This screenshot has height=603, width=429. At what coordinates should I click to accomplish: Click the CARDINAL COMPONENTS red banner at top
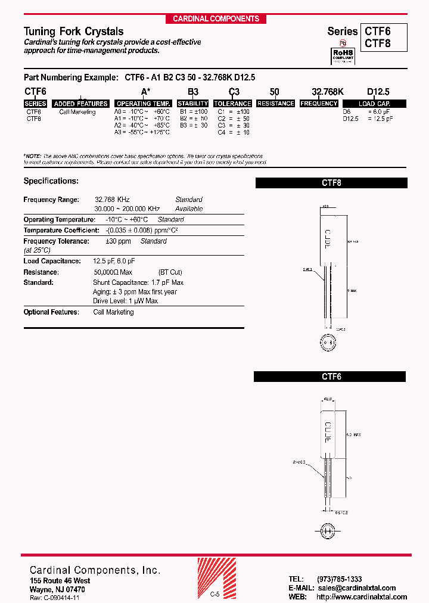click(216, 19)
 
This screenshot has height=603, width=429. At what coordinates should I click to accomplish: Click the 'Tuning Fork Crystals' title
click(73, 32)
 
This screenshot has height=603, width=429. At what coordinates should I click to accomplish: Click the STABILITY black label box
click(192, 104)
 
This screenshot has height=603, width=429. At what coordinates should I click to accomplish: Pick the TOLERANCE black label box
click(232, 104)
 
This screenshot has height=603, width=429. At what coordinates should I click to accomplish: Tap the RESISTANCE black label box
click(276, 104)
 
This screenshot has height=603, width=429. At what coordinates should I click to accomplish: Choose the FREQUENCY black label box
click(319, 104)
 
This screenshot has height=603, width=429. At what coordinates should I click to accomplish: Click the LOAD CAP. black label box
click(374, 104)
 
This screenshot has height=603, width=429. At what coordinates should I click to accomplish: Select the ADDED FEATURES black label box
click(80, 104)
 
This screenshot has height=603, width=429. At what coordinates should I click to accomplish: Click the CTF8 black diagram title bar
click(331, 184)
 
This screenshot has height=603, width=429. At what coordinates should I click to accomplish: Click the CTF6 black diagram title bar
click(329, 377)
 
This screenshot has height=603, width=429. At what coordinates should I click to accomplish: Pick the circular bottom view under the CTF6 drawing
click(327, 530)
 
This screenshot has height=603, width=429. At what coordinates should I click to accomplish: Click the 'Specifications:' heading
click(51, 181)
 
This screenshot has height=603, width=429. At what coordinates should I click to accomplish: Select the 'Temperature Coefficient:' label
click(61, 230)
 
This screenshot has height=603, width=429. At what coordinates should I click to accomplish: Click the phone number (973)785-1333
click(339, 579)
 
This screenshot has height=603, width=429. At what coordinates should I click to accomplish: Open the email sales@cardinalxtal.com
click(361, 588)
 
